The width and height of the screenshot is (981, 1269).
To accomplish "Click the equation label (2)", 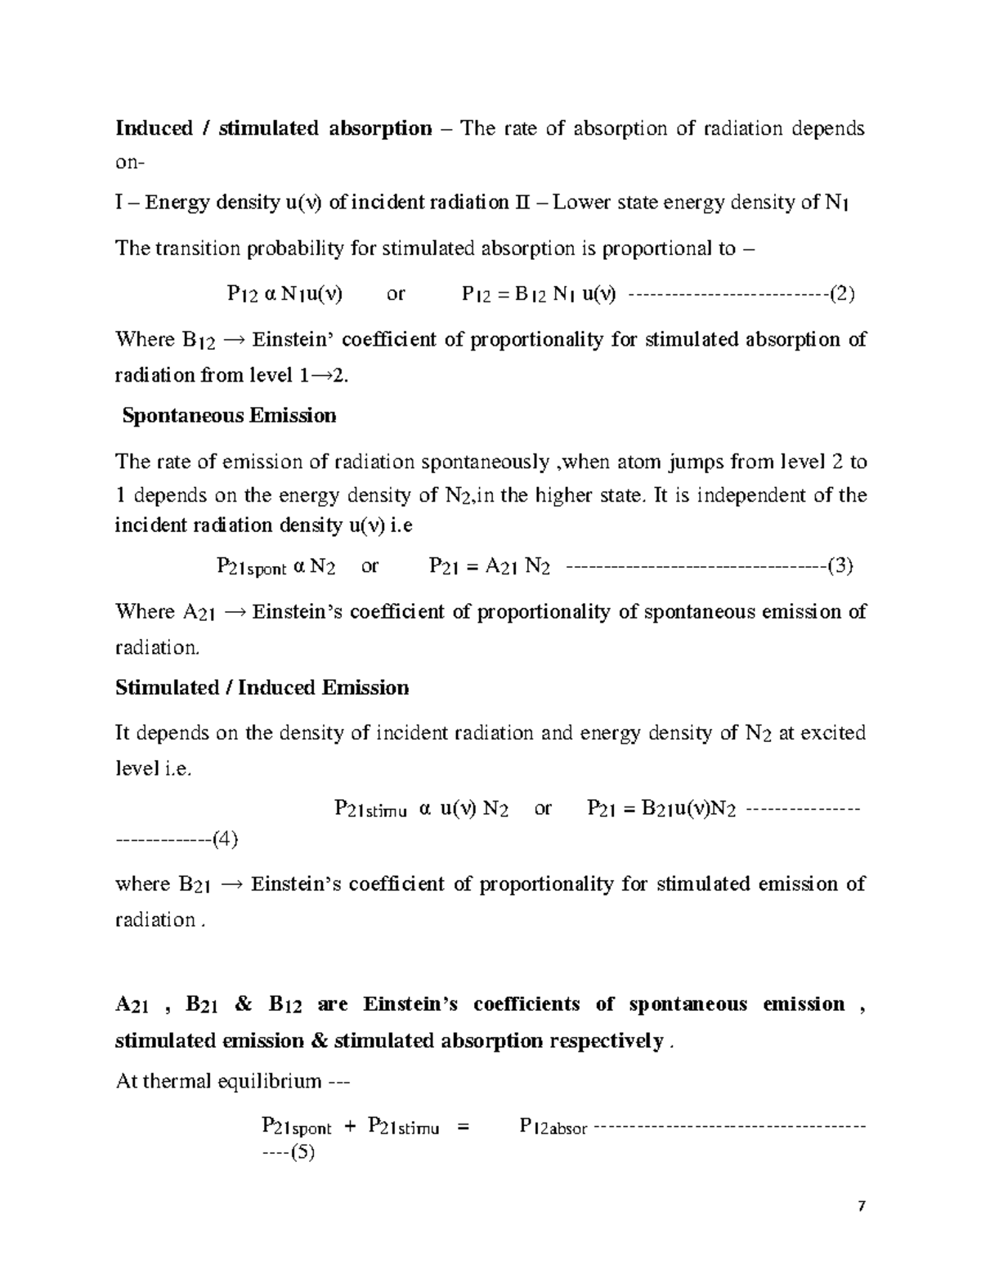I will [x=841, y=294].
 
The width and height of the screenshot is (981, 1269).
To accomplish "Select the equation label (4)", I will [x=223, y=838].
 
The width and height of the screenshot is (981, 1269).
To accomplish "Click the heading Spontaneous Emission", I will [x=229, y=416].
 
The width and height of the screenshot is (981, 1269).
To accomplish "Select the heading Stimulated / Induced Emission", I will [x=262, y=688].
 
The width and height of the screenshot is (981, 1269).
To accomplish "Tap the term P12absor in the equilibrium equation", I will [x=553, y=1128].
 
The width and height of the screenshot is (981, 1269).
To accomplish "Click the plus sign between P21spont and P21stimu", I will [x=350, y=1128].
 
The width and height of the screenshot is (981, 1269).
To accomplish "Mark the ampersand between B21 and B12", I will [x=243, y=1004].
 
